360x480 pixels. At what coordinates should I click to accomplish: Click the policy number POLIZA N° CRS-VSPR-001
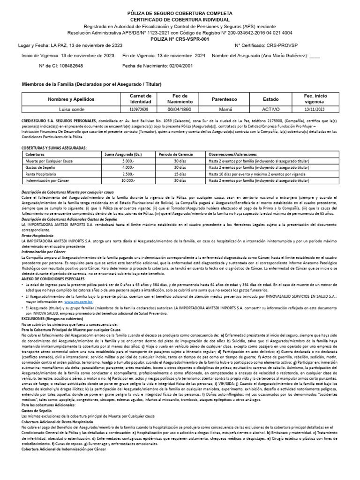coord(180,40)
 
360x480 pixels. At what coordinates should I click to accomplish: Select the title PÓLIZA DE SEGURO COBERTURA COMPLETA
coord(180,14)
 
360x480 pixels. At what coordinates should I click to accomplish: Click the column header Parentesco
coord(225,99)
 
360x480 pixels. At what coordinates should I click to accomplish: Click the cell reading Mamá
coord(225,109)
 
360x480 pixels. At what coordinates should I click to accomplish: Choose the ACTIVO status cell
coord(270,109)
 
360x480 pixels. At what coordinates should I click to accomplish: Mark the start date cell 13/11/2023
coord(315,109)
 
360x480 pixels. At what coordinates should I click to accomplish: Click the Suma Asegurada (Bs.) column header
coord(123,153)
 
